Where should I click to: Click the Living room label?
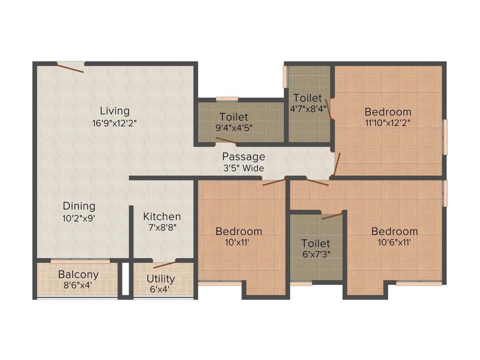click(114, 111)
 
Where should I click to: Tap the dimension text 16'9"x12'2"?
click(114, 124)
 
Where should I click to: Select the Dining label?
click(79, 206)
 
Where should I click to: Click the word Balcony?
click(78, 274)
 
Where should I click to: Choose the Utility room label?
click(161, 278)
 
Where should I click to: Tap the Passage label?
click(243, 157)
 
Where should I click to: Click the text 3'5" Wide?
click(243, 168)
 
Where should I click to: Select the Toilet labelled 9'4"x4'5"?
click(233, 117)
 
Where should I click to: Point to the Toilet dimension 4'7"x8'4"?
click(308, 109)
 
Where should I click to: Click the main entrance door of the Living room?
click(71, 67)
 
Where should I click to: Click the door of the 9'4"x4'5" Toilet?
click(226, 140)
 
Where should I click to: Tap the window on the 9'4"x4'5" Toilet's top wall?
click(227, 99)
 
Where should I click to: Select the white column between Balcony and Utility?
click(125, 279)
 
